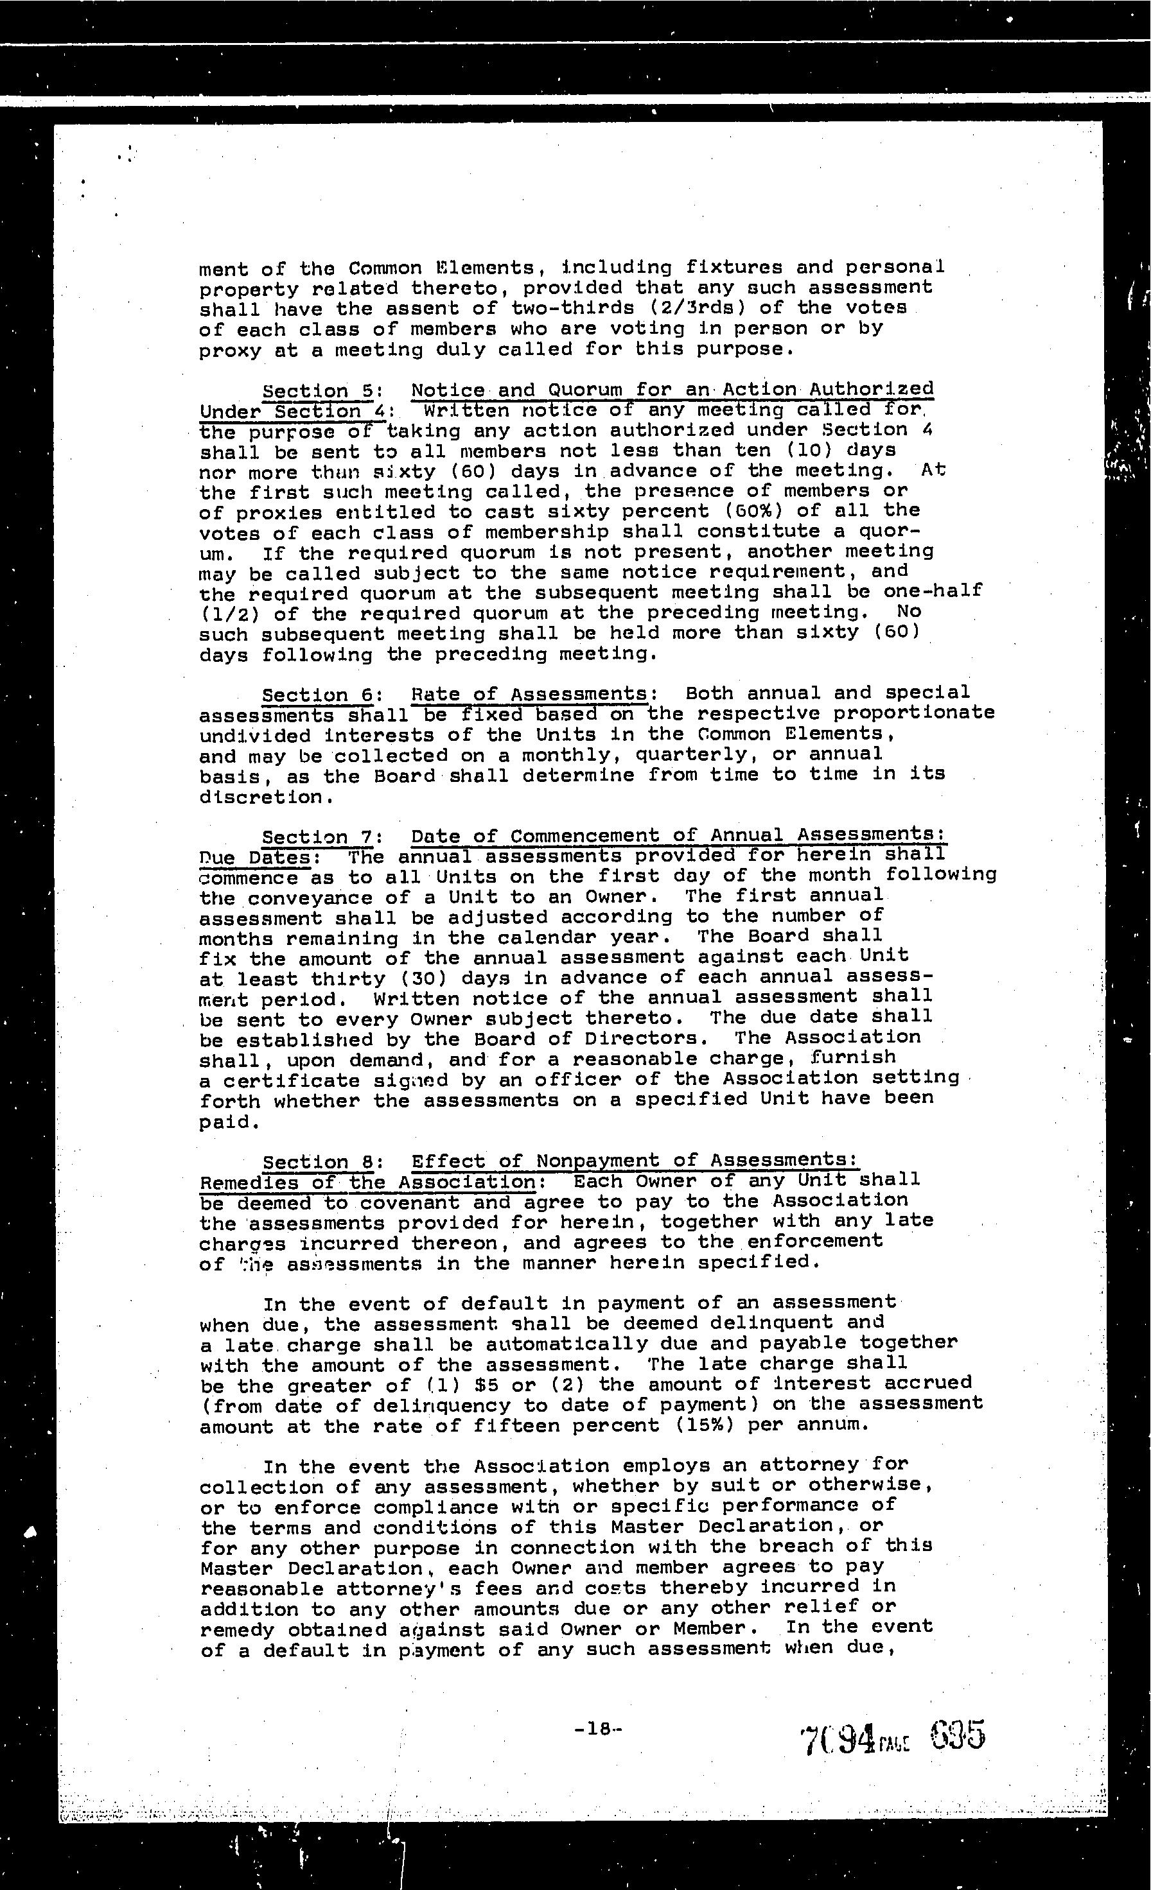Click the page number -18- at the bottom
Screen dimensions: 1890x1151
coord(597,1729)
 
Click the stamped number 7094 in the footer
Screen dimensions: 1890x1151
coord(837,1737)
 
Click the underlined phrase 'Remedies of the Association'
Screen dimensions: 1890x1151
coord(367,1183)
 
